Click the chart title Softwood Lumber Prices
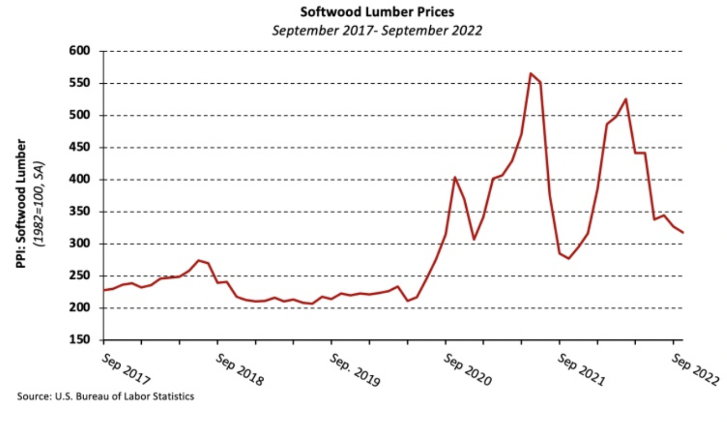pos(377,11)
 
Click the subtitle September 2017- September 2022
pos(377,30)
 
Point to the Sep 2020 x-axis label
pos(467,369)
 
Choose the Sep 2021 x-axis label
pos(581,369)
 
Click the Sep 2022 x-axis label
pos(695,369)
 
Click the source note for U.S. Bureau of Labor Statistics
pos(105,396)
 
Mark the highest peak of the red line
pos(530,73)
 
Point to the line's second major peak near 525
pos(626,99)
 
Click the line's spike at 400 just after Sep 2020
pos(454,177)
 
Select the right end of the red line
pos(683,233)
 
